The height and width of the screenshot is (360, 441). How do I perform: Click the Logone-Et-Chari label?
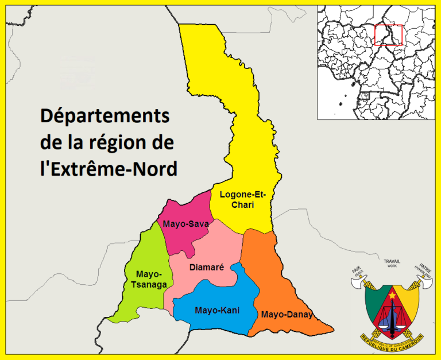coord(237,199)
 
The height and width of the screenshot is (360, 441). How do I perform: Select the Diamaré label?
coord(206,267)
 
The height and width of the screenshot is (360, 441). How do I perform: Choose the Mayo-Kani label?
coord(217,311)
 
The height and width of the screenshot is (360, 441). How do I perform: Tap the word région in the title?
coord(110,143)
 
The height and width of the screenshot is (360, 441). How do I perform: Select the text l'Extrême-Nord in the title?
coord(109,169)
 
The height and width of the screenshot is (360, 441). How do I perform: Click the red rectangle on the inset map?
coord(389,34)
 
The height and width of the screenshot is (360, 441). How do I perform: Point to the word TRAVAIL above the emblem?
coord(392,261)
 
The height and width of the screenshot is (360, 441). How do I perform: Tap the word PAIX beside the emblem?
coord(357,269)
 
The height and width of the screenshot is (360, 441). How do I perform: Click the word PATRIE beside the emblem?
coord(425,268)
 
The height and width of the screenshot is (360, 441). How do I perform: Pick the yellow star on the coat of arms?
coord(392,295)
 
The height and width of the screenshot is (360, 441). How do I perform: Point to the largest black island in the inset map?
coord(343,104)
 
